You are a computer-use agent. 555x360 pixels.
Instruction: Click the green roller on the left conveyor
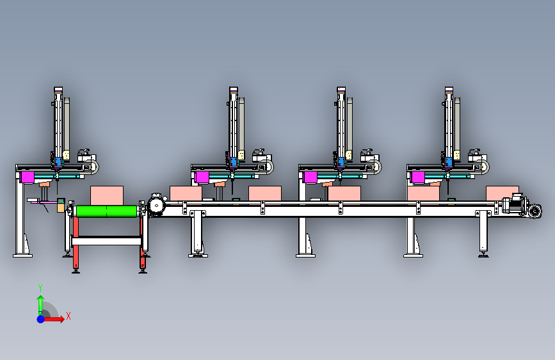(106, 211)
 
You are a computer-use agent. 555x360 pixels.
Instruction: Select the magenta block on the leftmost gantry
(28, 177)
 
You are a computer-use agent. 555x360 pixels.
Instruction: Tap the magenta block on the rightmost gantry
(418, 177)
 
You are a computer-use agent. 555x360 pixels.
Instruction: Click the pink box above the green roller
(107, 195)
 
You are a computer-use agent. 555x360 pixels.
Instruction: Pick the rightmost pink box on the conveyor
(503, 193)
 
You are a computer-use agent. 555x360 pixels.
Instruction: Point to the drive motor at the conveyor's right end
(515, 204)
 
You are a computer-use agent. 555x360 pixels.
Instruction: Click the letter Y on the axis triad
(40, 288)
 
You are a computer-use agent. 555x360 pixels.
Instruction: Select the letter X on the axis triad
(68, 316)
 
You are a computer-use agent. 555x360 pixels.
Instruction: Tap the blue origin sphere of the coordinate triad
(41, 319)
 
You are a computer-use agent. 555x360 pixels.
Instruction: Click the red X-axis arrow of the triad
(54, 319)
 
